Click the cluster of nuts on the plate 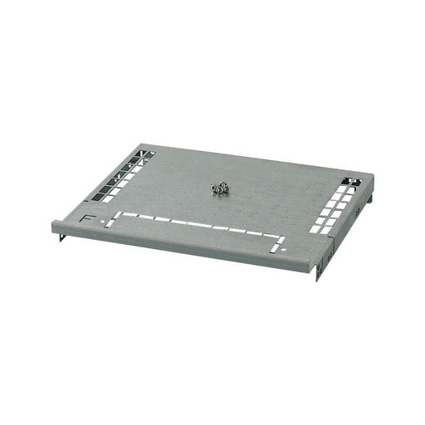click(x=220, y=189)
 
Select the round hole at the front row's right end click(x=281, y=248)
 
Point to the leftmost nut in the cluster click(x=214, y=188)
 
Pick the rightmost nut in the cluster click(x=226, y=188)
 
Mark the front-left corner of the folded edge click(x=54, y=224)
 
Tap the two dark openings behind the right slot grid click(x=349, y=180)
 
